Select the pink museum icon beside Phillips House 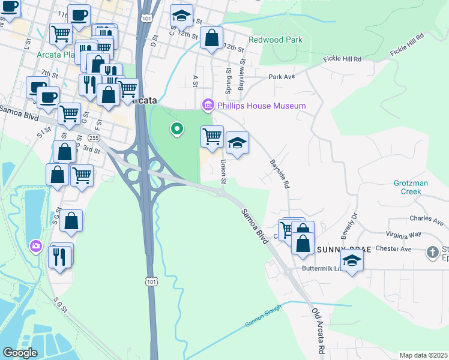[208, 106]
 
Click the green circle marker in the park [176, 128]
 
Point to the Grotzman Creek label [415, 187]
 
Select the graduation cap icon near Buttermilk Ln [352, 260]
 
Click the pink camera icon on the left [35, 245]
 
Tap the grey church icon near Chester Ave [432, 252]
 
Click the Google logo [20, 352]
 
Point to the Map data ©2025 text [423, 355]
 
